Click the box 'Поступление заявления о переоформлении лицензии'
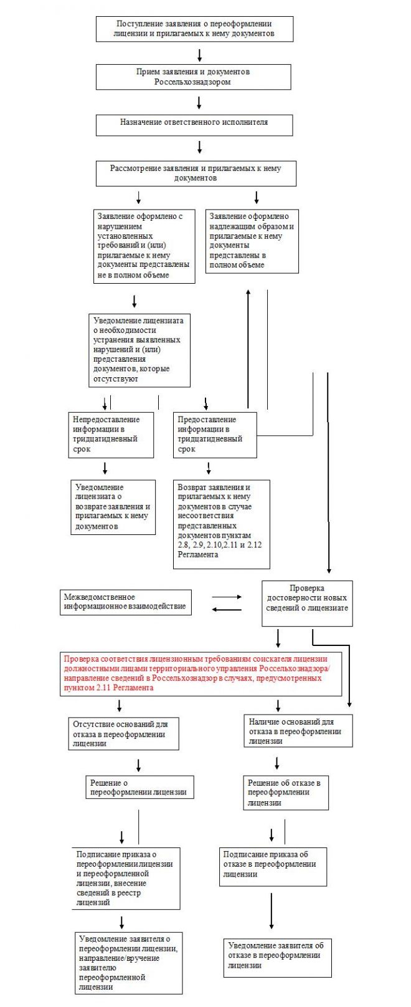[x=194, y=29]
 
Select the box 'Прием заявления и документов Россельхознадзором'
[x=193, y=77]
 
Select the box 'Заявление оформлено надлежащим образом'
[x=252, y=240]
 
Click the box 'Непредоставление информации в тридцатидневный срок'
[x=111, y=434]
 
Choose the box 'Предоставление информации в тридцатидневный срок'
[x=214, y=434]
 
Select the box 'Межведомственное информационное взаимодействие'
[x=126, y=602]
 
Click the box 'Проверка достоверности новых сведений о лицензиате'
[x=307, y=603]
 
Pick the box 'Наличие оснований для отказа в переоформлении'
[x=298, y=731]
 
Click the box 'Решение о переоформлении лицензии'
[x=139, y=787]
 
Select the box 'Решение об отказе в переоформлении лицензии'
[x=286, y=793]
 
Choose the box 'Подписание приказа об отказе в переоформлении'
[x=273, y=865]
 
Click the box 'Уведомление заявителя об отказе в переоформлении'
[x=277, y=957]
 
